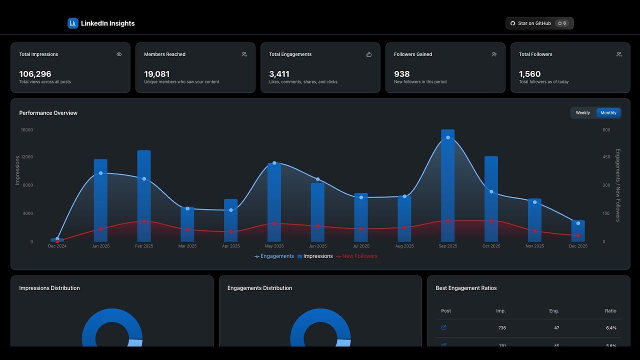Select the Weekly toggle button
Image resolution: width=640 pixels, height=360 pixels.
point(582,113)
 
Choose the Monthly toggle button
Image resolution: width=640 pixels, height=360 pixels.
point(608,113)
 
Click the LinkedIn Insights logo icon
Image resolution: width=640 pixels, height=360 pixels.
point(73,23)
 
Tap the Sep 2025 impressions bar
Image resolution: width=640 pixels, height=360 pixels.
point(447,190)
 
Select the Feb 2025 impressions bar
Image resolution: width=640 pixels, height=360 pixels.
point(144,200)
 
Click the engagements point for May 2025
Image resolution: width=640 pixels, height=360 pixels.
point(274,163)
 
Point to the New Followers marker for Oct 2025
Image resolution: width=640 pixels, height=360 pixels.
point(491,220)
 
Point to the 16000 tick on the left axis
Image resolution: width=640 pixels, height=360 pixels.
point(27,130)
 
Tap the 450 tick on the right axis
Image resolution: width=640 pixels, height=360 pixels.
point(606,157)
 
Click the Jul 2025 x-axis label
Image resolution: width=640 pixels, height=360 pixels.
point(361,246)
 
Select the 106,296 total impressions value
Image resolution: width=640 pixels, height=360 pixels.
point(35,74)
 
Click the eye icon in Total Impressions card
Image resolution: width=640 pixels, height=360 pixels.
point(119,54)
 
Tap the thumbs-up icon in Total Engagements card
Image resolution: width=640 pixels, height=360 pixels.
point(369,54)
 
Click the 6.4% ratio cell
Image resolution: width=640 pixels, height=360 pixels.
point(611,328)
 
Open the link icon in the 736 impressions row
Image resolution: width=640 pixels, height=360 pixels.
point(443,327)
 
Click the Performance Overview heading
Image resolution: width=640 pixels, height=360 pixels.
point(48,113)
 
